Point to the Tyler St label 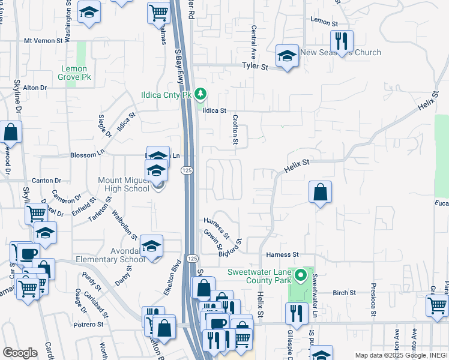pyautogui.click(x=255, y=66)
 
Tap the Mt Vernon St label pyautogui.click(x=43, y=41)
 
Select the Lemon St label pyautogui.click(x=321, y=20)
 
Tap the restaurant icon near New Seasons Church pyautogui.click(x=342, y=41)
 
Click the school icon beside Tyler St pyautogui.click(x=287, y=56)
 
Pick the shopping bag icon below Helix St pyautogui.click(x=321, y=193)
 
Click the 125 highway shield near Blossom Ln pyautogui.click(x=187, y=171)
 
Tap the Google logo pyautogui.click(x=20, y=353)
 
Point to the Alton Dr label pyautogui.click(x=35, y=88)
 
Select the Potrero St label pyautogui.click(x=89, y=325)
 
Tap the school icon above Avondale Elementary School pyautogui.click(x=151, y=246)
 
